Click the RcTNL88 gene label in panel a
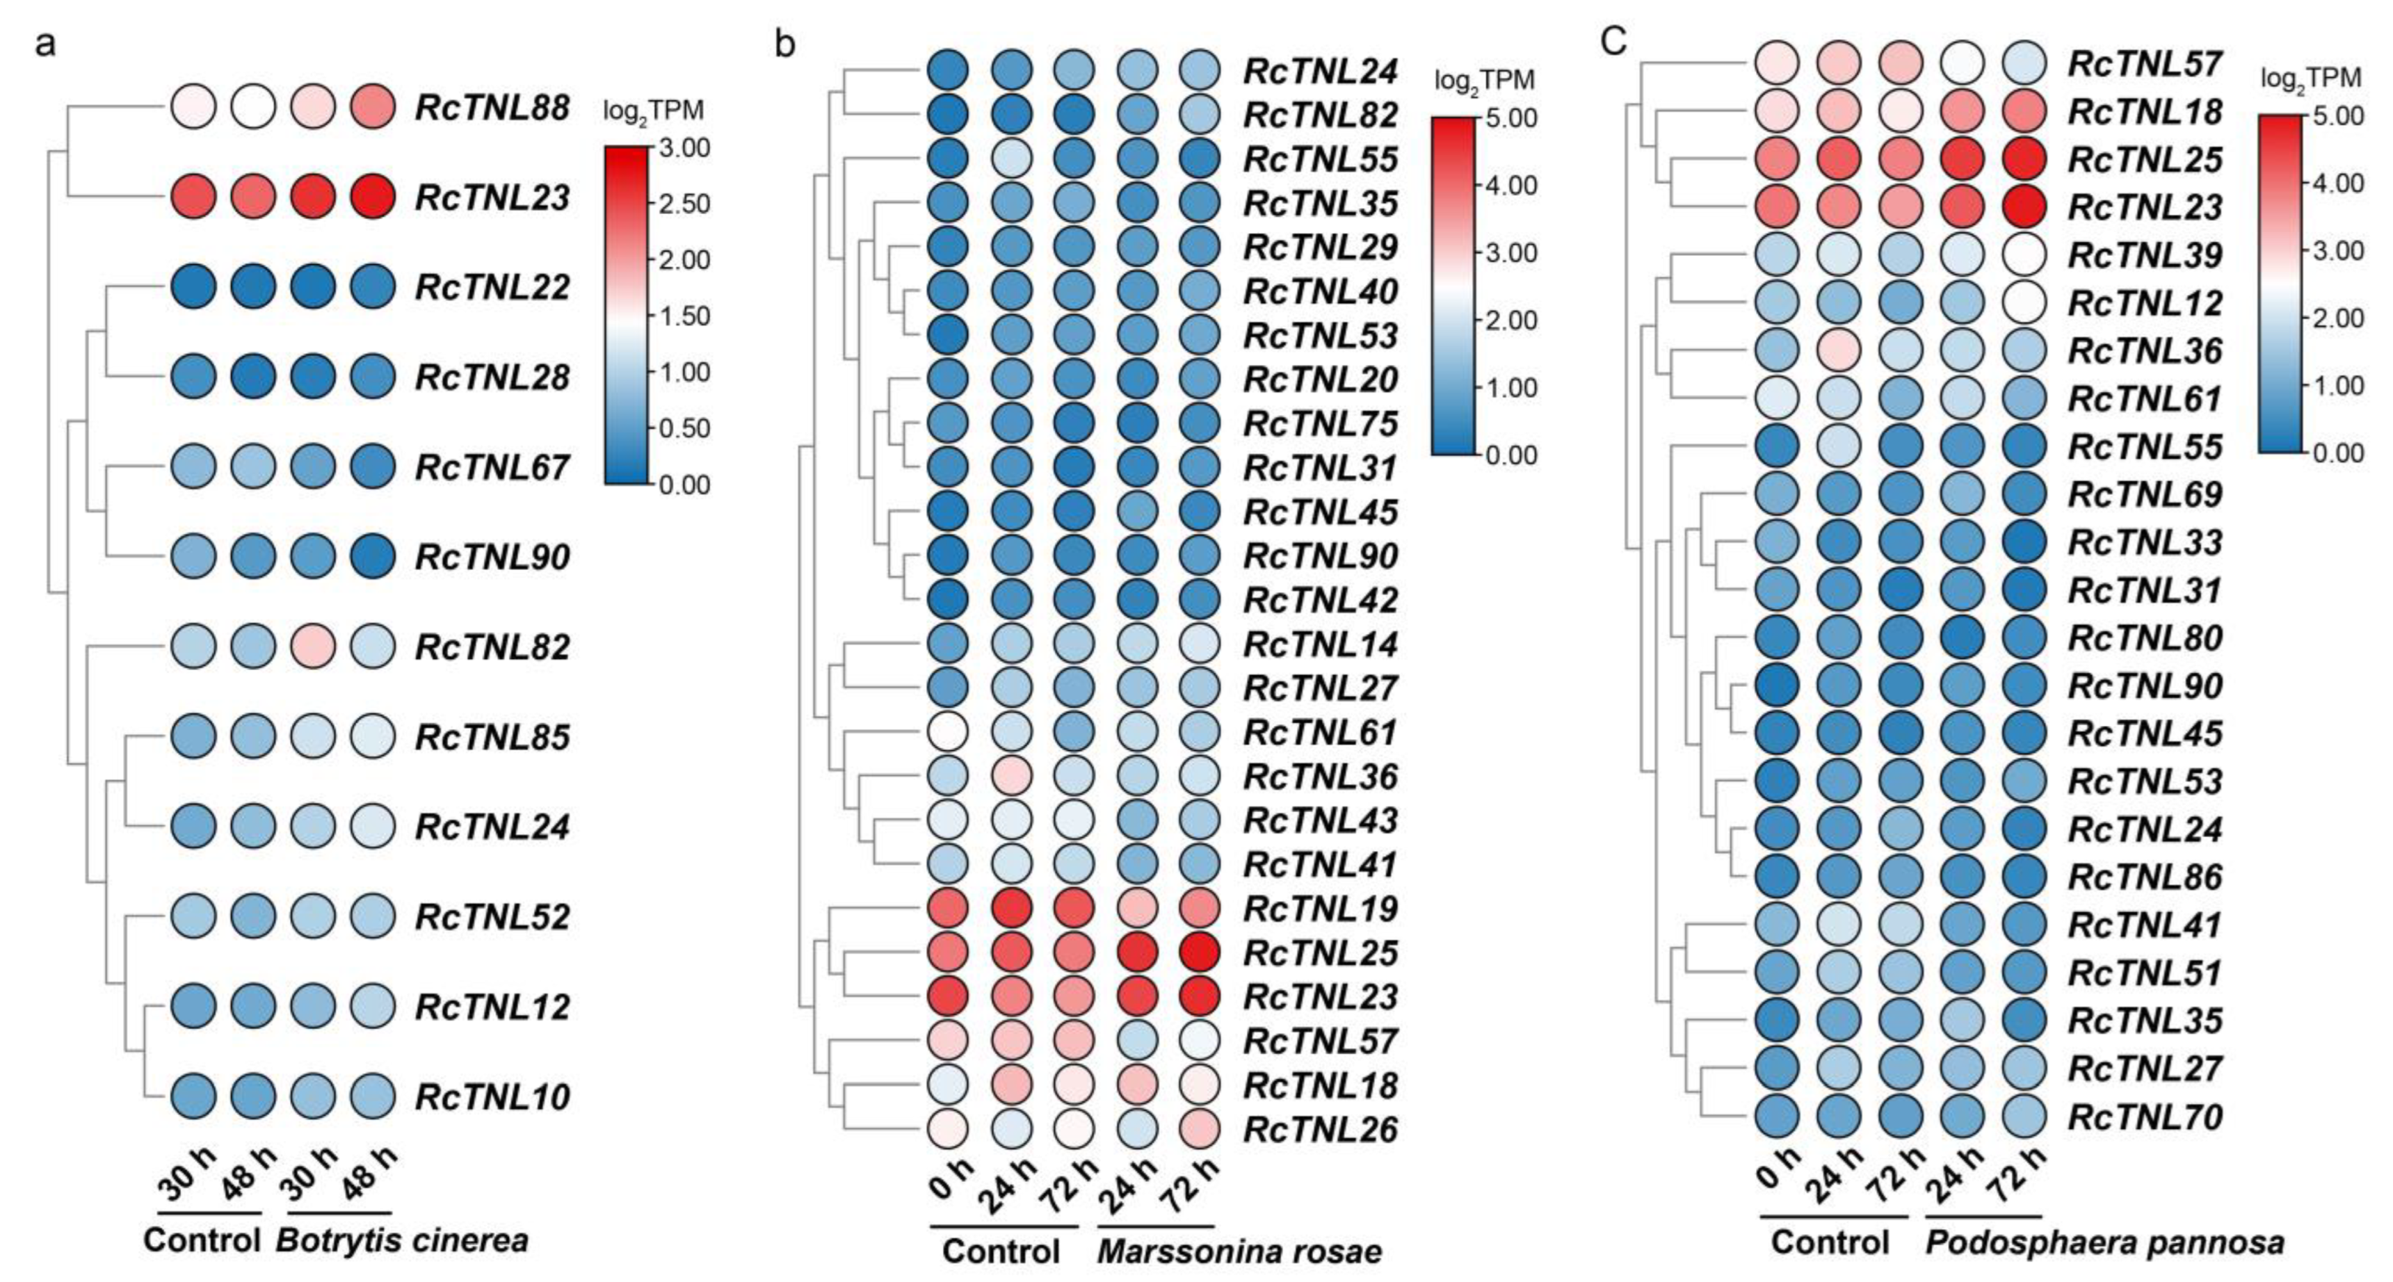click(x=492, y=108)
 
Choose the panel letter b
click(x=785, y=44)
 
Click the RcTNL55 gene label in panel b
click(x=1320, y=160)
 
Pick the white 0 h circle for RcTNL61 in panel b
click(x=948, y=732)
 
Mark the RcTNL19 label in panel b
click(x=1320, y=909)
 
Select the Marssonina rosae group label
click(x=1239, y=1251)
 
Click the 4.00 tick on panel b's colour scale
click(x=1510, y=186)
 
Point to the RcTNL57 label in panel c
click(x=2144, y=64)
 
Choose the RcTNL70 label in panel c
click(x=2144, y=1116)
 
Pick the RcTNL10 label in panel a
click(x=492, y=1097)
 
